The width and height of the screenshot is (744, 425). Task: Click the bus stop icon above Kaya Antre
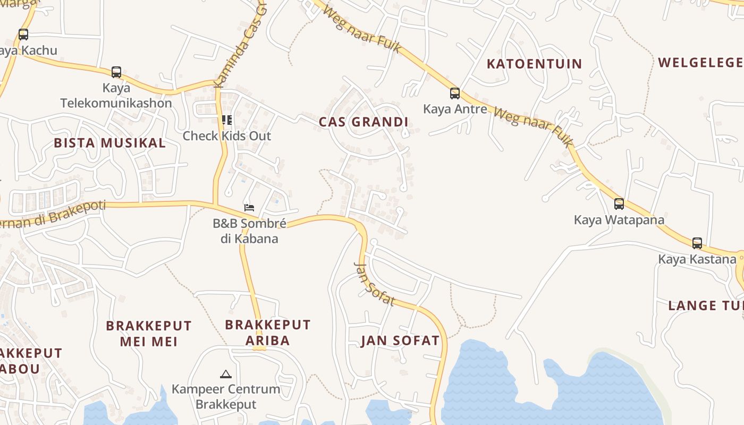click(x=455, y=93)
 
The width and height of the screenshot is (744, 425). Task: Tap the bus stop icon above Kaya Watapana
click(x=619, y=203)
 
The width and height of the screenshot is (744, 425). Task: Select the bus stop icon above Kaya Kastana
click(x=697, y=243)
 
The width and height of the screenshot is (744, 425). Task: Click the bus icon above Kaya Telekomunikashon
click(x=116, y=72)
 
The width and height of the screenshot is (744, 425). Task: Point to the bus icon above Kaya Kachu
click(x=23, y=35)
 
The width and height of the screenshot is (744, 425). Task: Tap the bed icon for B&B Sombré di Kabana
click(x=249, y=207)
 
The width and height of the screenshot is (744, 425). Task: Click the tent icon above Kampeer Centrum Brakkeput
click(x=226, y=374)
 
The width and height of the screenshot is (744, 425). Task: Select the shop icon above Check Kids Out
click(x=227, y=120)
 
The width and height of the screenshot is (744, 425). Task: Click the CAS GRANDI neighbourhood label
click(x=363, y=122)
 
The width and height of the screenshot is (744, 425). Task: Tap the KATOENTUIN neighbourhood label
click(x=535, y=64)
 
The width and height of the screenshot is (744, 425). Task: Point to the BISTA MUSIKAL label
click(x=110, y=143)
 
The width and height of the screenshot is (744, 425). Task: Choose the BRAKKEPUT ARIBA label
click(x=268, y=332)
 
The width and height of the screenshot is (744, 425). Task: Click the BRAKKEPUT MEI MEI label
click(x=149, y=333)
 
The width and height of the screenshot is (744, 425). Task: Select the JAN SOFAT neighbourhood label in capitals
click(x=400, y=341)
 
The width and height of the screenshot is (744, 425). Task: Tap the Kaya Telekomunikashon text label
click(x=116, y=96)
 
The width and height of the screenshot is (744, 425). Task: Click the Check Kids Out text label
click(x=227, y=136)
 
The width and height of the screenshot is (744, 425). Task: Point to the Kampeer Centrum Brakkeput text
click(x=226, y=396)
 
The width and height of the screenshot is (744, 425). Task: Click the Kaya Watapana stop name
click(x=619, y=219)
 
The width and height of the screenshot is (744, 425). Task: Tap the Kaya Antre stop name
click(x=455, y=109)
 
